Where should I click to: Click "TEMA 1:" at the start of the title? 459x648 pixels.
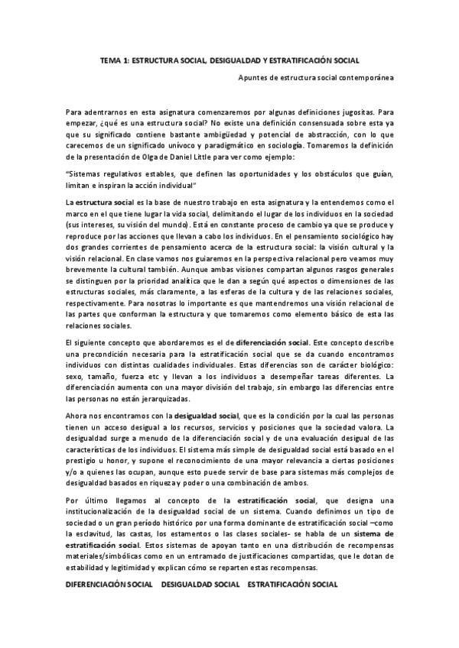point(116,59)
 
